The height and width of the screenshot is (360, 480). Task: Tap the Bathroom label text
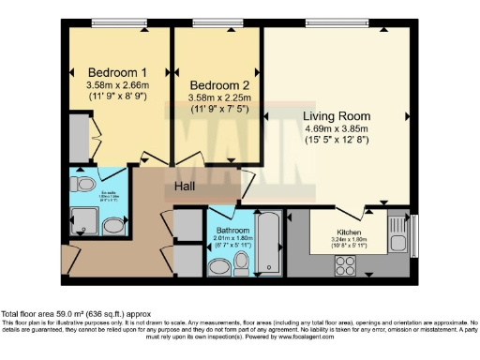(x=232, y=230)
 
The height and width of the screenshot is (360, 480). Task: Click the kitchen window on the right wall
(x=416, y=234)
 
